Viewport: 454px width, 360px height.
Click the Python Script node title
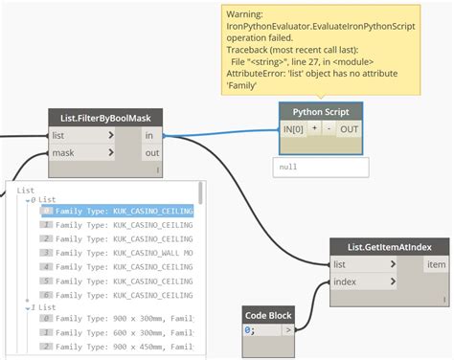(x=321, y=111)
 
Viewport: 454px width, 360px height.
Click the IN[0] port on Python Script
(x=292, y=128)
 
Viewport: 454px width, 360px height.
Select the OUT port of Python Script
(x=349, y=128)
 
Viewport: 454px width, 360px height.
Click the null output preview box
(x=320, y=166)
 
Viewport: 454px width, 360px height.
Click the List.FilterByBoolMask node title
(x=105, y=118)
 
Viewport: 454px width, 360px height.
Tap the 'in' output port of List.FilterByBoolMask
(x=149, y=136)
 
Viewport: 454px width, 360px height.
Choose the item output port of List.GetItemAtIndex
(x=435, y=264)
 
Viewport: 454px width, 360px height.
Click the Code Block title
(x=269, y=314)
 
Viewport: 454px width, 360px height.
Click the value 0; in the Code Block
(x=251, y=331)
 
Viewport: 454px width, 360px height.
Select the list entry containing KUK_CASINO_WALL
(x=124, y=252)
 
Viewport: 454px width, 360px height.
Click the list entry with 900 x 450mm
(x=124, y=345)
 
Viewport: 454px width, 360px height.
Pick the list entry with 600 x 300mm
(x=124, y=331)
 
